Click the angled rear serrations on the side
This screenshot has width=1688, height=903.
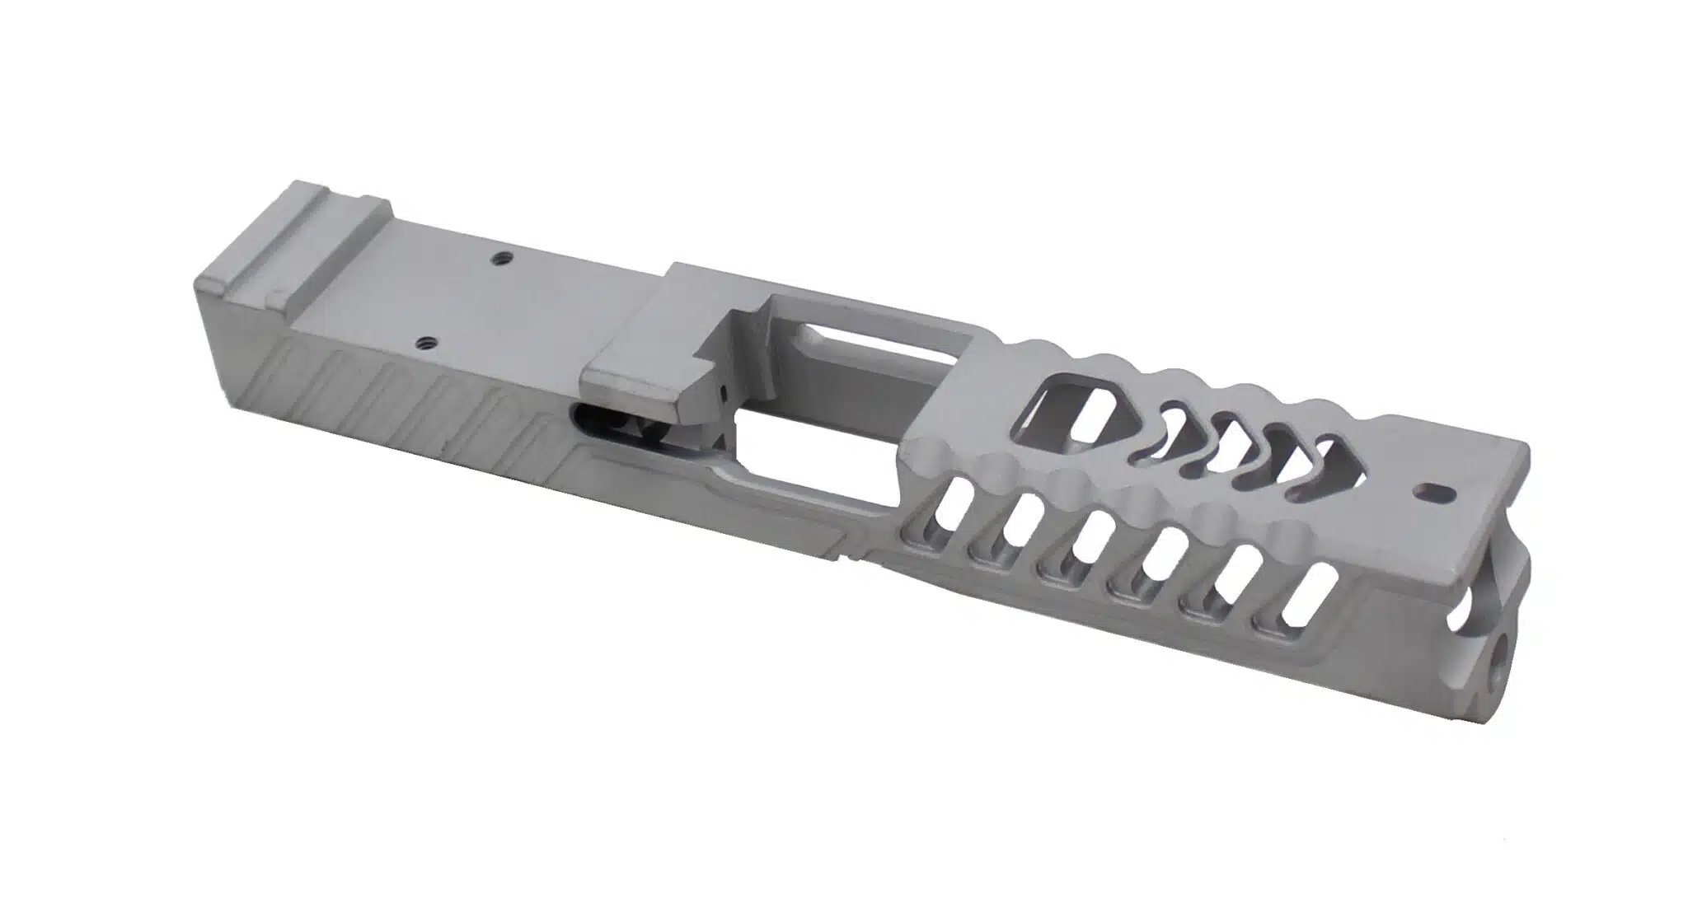pos(396,395)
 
